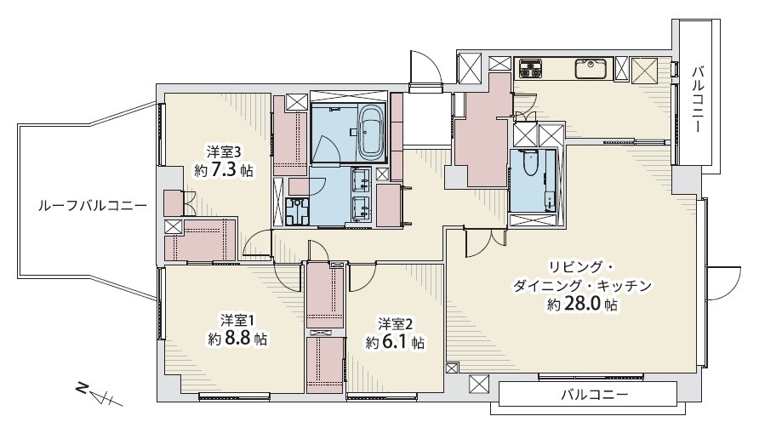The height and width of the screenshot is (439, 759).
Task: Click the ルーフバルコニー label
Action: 93,207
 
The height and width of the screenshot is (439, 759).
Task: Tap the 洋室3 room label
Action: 224,152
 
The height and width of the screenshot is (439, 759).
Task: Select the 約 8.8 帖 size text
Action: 237,338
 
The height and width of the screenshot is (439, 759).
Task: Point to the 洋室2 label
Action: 396,322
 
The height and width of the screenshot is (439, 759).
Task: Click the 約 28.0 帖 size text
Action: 582,305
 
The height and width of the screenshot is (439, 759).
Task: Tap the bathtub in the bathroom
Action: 370,134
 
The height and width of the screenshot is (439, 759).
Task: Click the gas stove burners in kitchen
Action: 530,68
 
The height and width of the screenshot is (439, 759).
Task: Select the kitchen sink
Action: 590,69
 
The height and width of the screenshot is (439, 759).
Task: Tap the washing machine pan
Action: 297,213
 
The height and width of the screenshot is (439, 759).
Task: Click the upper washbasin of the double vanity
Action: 361,180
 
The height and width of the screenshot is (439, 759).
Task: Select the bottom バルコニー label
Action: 595,395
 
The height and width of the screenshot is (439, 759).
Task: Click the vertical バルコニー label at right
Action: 698,100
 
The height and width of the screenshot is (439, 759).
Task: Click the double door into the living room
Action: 485,242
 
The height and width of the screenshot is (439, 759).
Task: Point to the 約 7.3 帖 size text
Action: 224,170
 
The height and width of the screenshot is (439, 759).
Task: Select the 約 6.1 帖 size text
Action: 396,343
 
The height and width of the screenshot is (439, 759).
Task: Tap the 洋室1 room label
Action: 237,320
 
